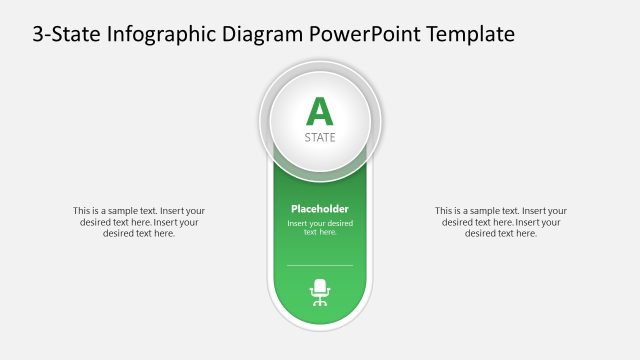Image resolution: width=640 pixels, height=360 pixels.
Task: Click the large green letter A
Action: (x=319, y=111)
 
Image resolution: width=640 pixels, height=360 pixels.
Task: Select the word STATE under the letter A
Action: (x=320, y=137)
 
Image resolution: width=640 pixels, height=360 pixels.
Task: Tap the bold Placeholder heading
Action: (x=320, y=208)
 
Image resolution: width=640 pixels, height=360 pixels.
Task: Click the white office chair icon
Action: (x=320, y=291)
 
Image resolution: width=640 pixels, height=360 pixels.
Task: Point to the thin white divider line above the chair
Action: (x=320, y=265)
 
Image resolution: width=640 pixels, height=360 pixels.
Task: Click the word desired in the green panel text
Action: (x=338, y=223)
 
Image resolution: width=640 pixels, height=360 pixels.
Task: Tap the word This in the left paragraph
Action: (x=82, y=211)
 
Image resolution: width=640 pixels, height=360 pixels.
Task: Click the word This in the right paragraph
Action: (x=444, y=211)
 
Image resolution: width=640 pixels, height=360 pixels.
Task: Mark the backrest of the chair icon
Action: (x=320, y=285)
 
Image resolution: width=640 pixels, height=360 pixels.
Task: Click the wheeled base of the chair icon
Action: (x=320, y=301)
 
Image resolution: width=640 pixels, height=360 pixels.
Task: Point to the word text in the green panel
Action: (x=311, y=232)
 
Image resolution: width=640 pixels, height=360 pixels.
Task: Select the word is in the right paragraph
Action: (x=462, y=211)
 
